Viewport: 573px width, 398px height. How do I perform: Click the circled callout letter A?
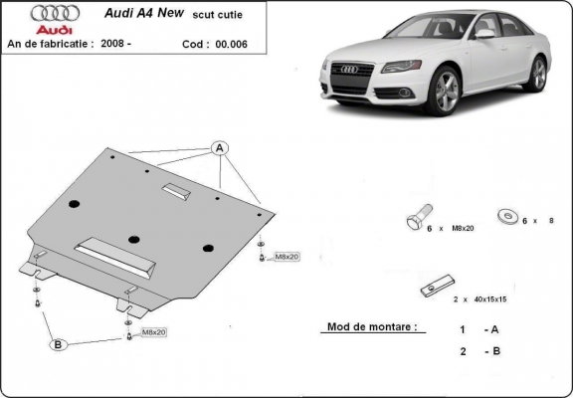click(220, 149)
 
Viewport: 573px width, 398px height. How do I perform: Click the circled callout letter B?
click(58, 344)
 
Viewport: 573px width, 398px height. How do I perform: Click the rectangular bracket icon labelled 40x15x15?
click(433, 285)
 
